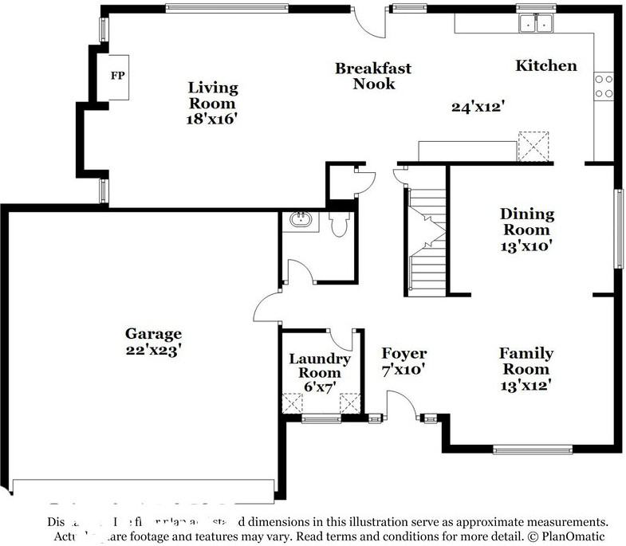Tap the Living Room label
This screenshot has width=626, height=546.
click(x=212, y=95)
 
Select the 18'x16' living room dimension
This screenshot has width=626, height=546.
click(x=212, y=118)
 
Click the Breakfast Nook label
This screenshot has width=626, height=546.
click(x=372, y=76)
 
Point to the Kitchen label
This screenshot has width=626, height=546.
click(x=545, y=65)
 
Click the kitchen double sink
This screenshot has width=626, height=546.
click(x=535, y=24)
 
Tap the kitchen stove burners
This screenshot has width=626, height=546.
click(x=604, y=86)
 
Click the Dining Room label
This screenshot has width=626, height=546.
click(x=526, y=222)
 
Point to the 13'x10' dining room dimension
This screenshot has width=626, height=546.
click(x=526, y=246)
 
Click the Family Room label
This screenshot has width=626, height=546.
click(x=526, y=361)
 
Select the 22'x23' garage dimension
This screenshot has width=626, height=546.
click(x=153, y=349)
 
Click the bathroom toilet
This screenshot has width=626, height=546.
click(x=340, y=223)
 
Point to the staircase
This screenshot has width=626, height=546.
click(x=427, y=239)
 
